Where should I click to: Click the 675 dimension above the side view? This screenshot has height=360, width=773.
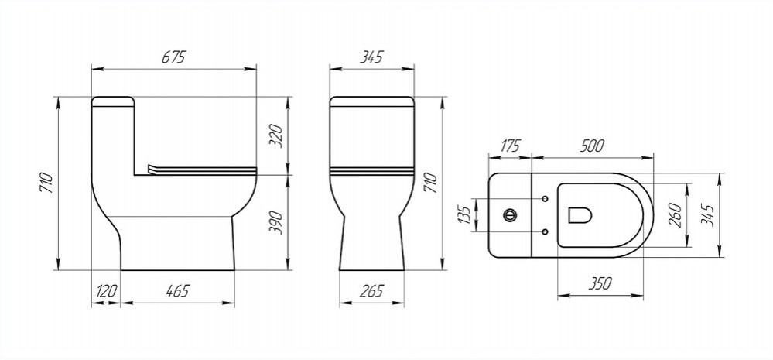point(173,57)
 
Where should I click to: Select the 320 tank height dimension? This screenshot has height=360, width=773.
point(277,136)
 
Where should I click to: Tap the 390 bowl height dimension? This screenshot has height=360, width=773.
point(277,222)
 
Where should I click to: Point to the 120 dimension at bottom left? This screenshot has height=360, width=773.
point(106,291)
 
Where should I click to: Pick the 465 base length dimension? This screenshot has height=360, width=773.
point(177,291)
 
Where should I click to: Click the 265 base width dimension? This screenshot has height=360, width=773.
point(371,291)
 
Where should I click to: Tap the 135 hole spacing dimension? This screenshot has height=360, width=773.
point(464,215)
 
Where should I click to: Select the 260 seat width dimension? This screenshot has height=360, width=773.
point(676,215)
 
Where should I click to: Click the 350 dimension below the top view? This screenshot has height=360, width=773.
point(599,283)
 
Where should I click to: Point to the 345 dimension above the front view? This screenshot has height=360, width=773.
point(371,57)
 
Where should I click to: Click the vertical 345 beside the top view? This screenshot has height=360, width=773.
point(707,215)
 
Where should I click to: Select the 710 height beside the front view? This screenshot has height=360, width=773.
point(430,183)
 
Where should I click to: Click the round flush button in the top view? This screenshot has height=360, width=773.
point(510,215)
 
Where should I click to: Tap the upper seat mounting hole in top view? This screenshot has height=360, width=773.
point(545,199)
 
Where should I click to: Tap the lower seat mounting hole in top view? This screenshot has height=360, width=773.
point(545,231)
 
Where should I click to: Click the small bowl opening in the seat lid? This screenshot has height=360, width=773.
point(580,215)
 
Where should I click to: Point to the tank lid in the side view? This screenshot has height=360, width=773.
point(113,101)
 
